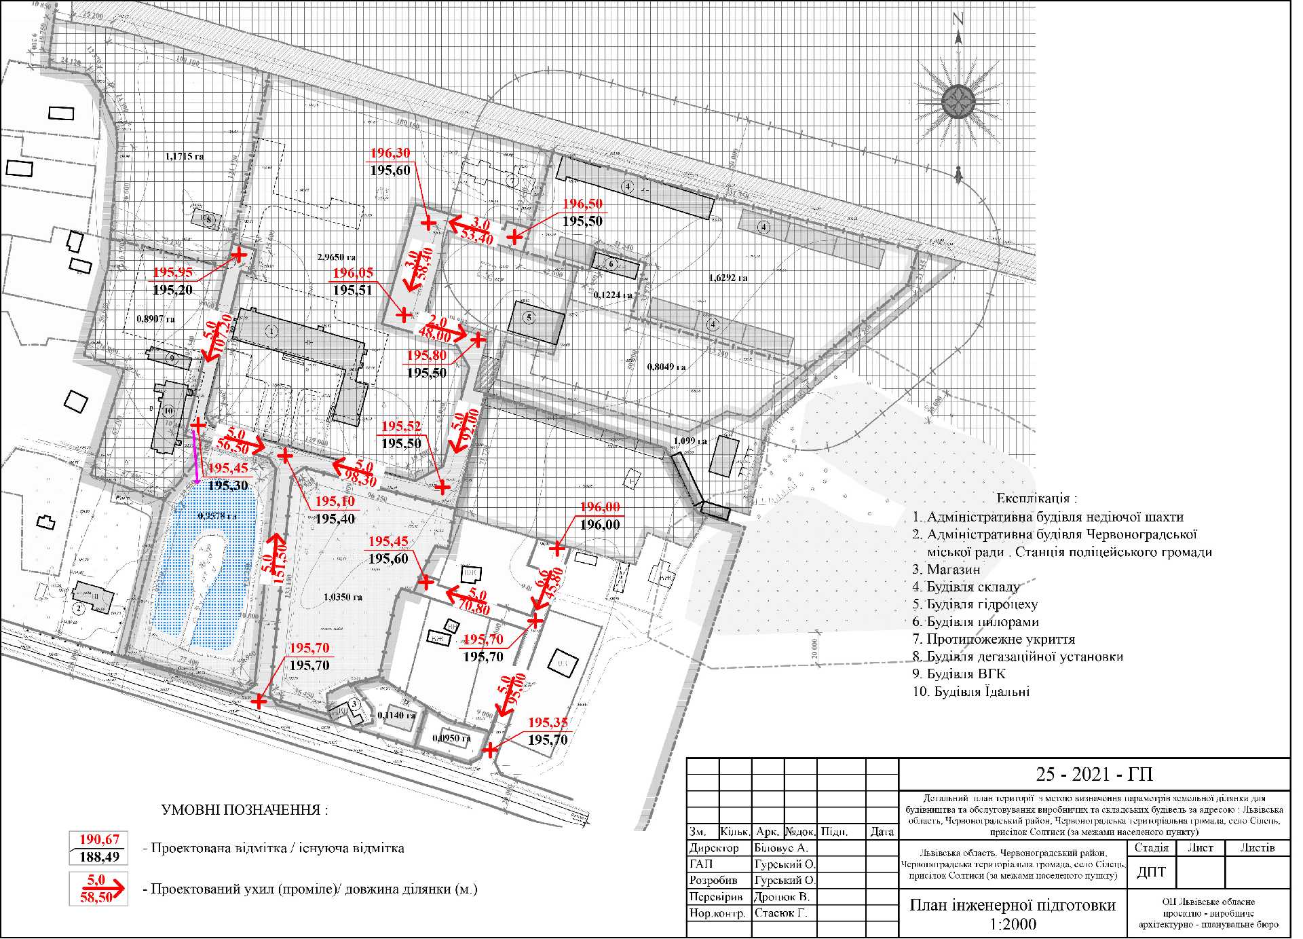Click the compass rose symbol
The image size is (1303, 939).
tap(958, 103)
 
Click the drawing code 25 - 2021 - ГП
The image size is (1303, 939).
tap(1094, 775)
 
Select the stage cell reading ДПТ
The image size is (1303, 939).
tap(1151, 872)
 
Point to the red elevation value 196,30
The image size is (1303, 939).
tap(390, 153)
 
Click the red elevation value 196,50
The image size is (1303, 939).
tap(582, 204)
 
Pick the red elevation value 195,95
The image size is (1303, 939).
tap(172, 273)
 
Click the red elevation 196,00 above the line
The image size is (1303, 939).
tap(600, 507)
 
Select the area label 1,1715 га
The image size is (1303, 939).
tap(184, 156)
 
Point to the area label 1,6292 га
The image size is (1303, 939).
tap(728, 278)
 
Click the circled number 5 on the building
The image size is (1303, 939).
tap(529, 317)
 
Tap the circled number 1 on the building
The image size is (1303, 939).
tap(271, 331)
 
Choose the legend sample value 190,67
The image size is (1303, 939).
tap(99, 840)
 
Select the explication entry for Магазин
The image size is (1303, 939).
tap(946, 570)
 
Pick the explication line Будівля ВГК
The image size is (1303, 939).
tap(958, 674)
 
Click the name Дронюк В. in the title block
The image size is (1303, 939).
tap(782, 897)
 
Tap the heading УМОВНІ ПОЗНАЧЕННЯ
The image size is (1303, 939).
tap(244, 810)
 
